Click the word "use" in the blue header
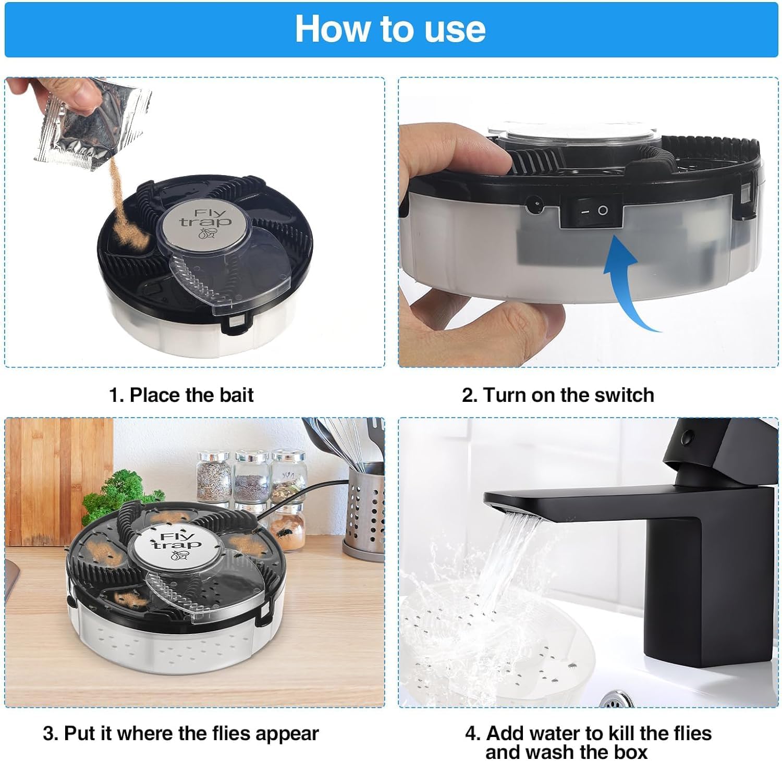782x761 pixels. pos(455,29)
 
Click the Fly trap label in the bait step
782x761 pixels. pos(205,224)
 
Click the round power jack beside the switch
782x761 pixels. pos(534,205)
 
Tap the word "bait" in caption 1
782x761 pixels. pos(236,395)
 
